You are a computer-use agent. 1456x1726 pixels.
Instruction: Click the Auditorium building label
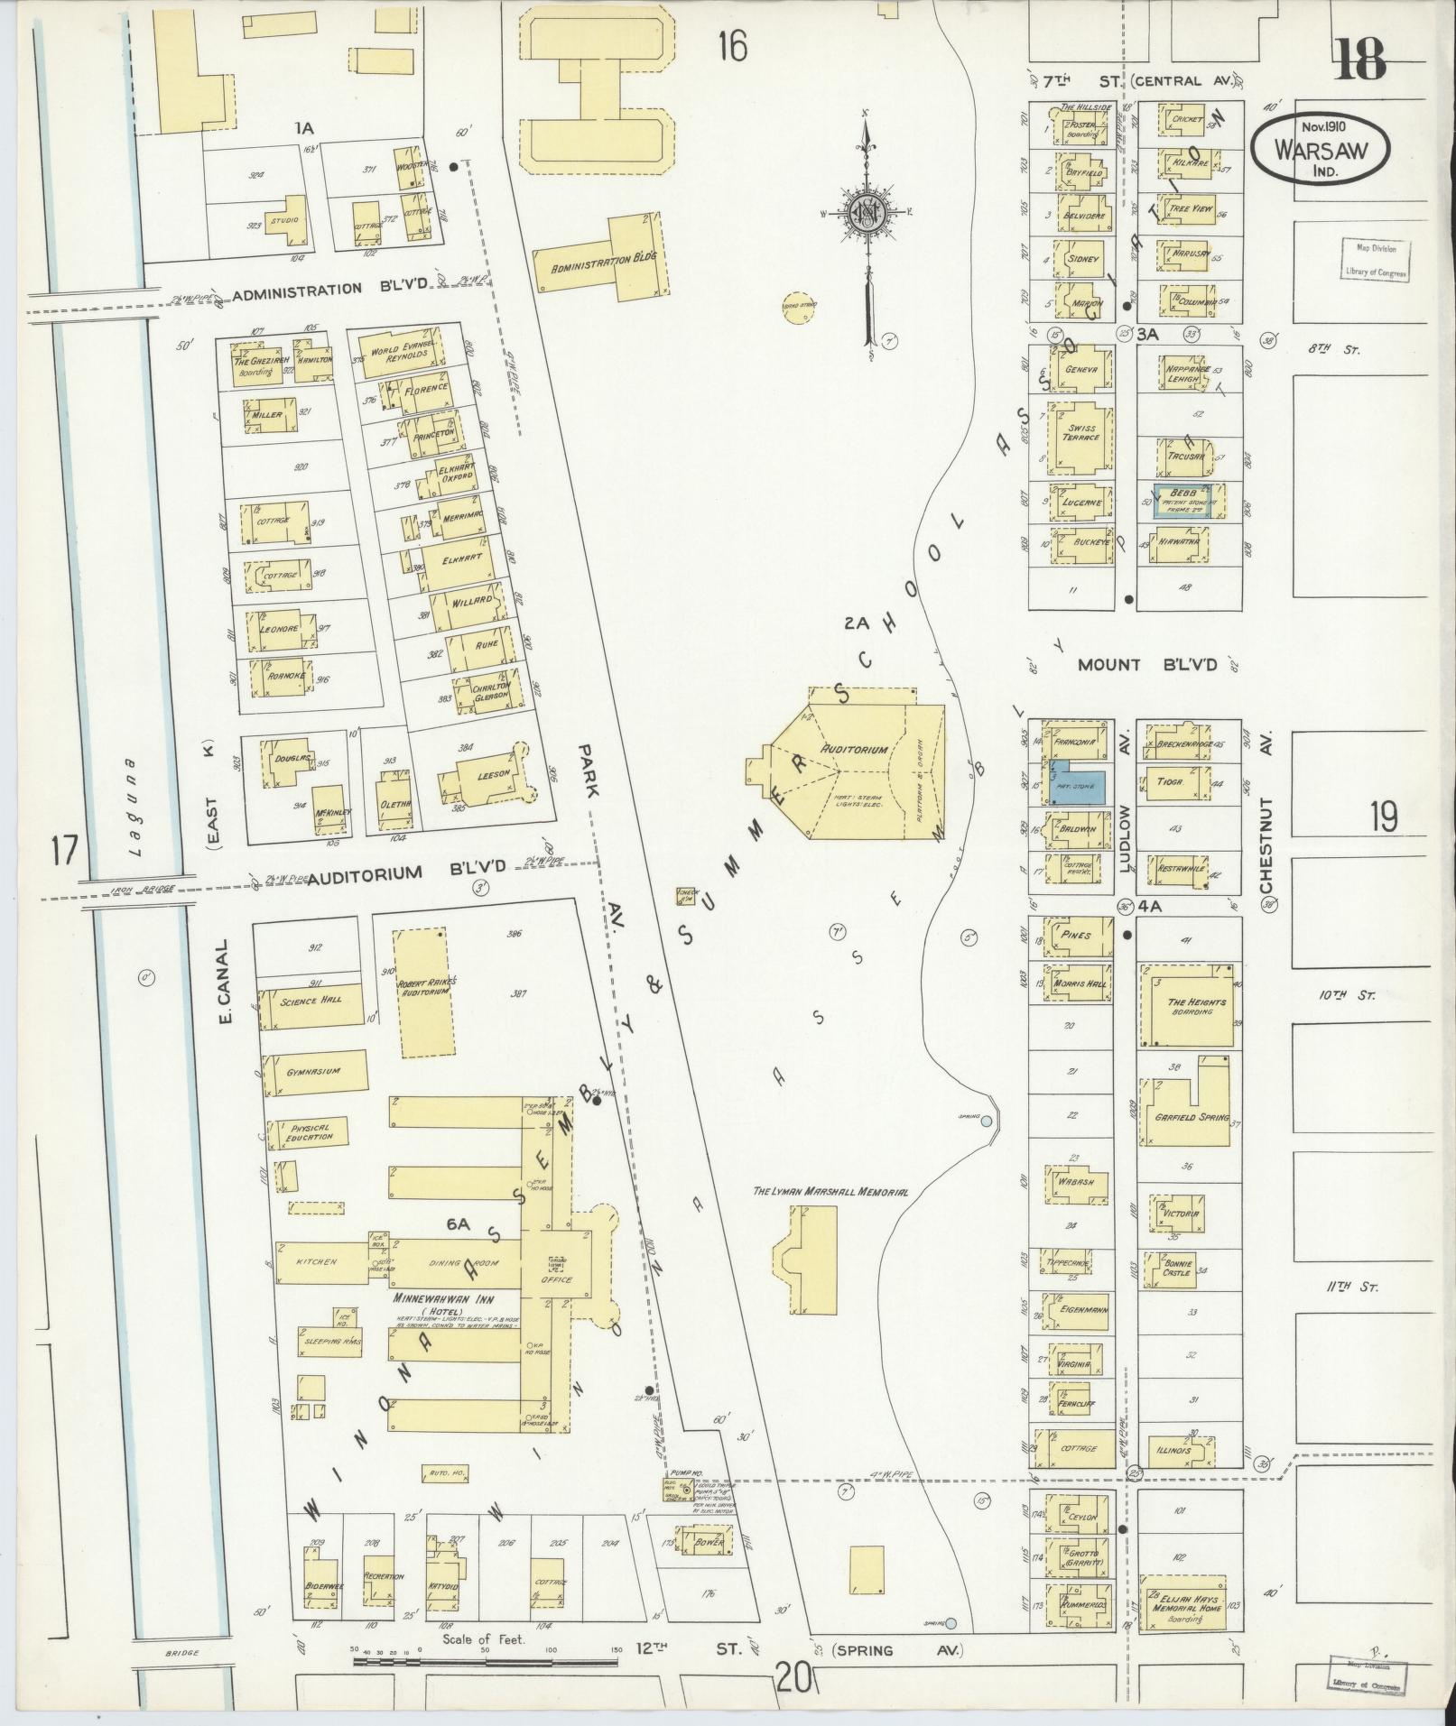coord(854,750)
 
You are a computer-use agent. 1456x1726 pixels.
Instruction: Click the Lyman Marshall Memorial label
coord(830,1192)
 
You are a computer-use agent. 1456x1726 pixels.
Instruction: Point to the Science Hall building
coord(311,1001)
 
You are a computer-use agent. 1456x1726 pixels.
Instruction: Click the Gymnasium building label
coord(313,1071)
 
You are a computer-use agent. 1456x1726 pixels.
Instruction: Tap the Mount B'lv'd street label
coord(1147,665)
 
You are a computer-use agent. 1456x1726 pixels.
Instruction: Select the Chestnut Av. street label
coord(1266,812)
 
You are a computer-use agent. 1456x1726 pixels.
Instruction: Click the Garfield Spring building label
coord(1192,1117)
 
